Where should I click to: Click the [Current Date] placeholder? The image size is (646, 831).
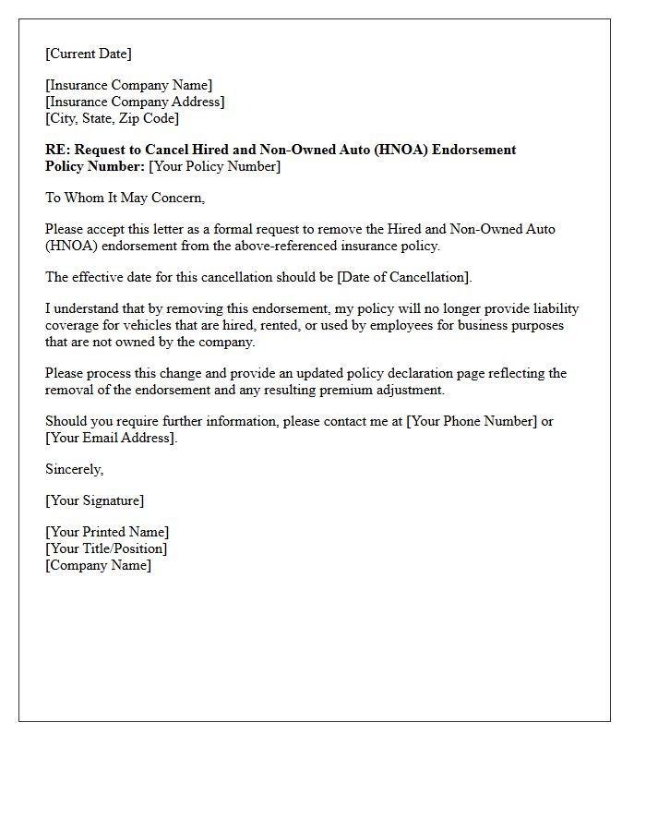[x=89, y=54]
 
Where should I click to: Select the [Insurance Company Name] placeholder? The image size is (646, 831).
[x=128, y=86]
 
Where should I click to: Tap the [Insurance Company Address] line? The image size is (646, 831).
[x=135, y=102]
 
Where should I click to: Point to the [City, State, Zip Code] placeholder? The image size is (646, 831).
[x=112, y=118]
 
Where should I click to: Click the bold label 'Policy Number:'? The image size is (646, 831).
[x=95, y=166]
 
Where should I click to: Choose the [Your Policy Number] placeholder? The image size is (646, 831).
[x=214, y=166]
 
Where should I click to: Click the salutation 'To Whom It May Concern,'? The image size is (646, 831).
[x=125, y=198]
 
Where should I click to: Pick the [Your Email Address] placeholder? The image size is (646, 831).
[x=110, y=438]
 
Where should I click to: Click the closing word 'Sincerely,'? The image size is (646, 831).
[x=75, y=469]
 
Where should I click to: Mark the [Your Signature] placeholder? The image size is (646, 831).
[x=94, y=500]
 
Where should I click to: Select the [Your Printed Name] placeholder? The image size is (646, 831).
[x=107, y=532]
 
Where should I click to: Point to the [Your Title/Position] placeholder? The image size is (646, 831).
[x=106, y=548]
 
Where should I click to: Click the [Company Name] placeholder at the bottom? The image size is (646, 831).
[x=98, y=565]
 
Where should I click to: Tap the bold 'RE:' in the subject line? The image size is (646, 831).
[x=57, y=150]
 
